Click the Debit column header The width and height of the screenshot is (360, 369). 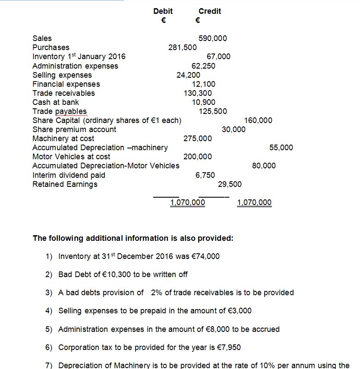163,11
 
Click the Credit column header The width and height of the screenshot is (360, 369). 210,11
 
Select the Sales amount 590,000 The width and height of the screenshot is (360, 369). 213,38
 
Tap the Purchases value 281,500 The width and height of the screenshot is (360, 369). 183,47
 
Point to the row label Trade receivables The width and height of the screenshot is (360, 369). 63,93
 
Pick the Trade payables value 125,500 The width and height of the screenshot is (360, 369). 213,111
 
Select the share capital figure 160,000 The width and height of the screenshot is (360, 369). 258,120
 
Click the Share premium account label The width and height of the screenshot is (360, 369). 74,129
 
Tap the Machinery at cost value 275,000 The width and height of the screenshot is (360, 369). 198,139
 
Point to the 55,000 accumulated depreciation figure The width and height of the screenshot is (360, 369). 281,148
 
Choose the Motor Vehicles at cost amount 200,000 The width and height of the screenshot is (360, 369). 198,157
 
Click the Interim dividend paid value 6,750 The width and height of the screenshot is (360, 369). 205,175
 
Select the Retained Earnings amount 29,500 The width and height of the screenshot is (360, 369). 230,184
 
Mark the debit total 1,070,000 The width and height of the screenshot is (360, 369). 188,202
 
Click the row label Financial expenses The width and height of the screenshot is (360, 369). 66,84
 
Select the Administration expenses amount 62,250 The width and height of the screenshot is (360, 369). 203,66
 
